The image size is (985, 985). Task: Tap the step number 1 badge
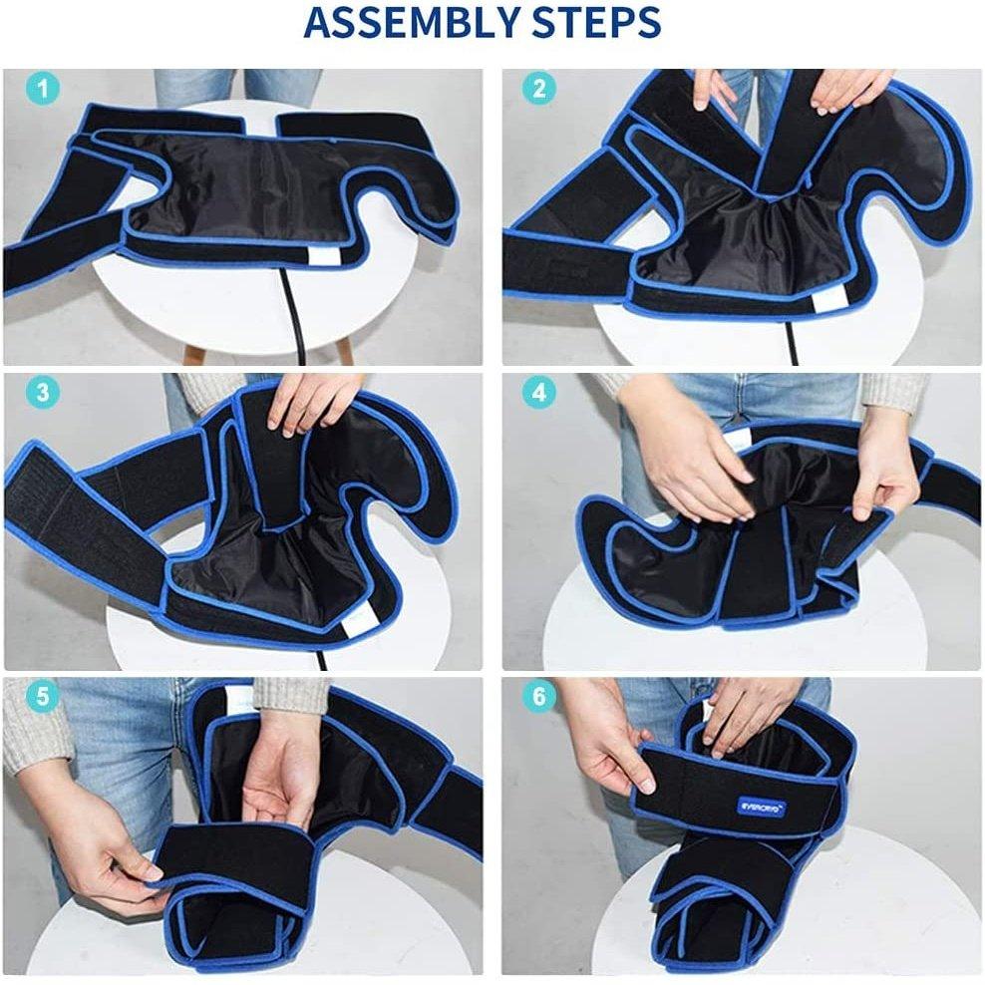point(40,89)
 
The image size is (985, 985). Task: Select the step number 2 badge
point(539,89)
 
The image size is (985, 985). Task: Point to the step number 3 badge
point(40,392)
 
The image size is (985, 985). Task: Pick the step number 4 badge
point(539,392)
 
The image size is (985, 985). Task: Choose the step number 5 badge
point(40,696)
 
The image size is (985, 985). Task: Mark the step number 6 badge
point(539,696)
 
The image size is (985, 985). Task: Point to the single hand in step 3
point(309,404)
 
